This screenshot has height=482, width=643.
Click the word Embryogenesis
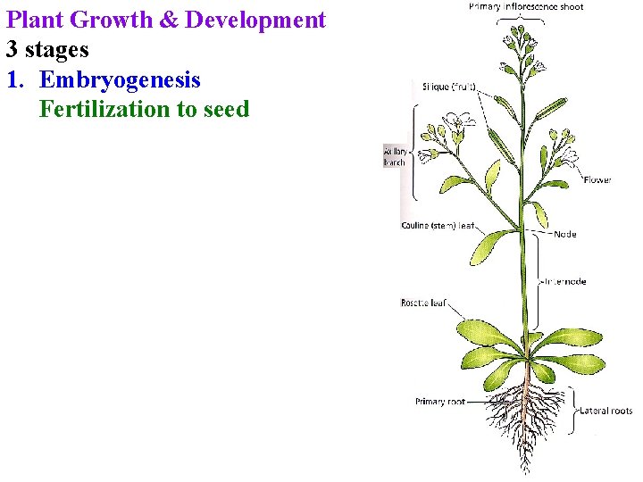tap(120, 80)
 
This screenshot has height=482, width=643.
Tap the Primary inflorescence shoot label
tap(526, 7)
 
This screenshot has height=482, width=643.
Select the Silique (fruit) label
tap(448, 87)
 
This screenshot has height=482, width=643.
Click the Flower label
tap(597, 179)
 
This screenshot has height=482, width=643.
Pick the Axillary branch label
tap(394, 157)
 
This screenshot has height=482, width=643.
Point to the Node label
tap(565, 234)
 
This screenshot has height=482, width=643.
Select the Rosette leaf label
tap(423, 303)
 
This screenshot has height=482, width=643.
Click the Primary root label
tap(440, 402)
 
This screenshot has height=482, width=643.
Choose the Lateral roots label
tap(606, 411)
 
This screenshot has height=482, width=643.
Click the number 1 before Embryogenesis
tap(13, 80)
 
